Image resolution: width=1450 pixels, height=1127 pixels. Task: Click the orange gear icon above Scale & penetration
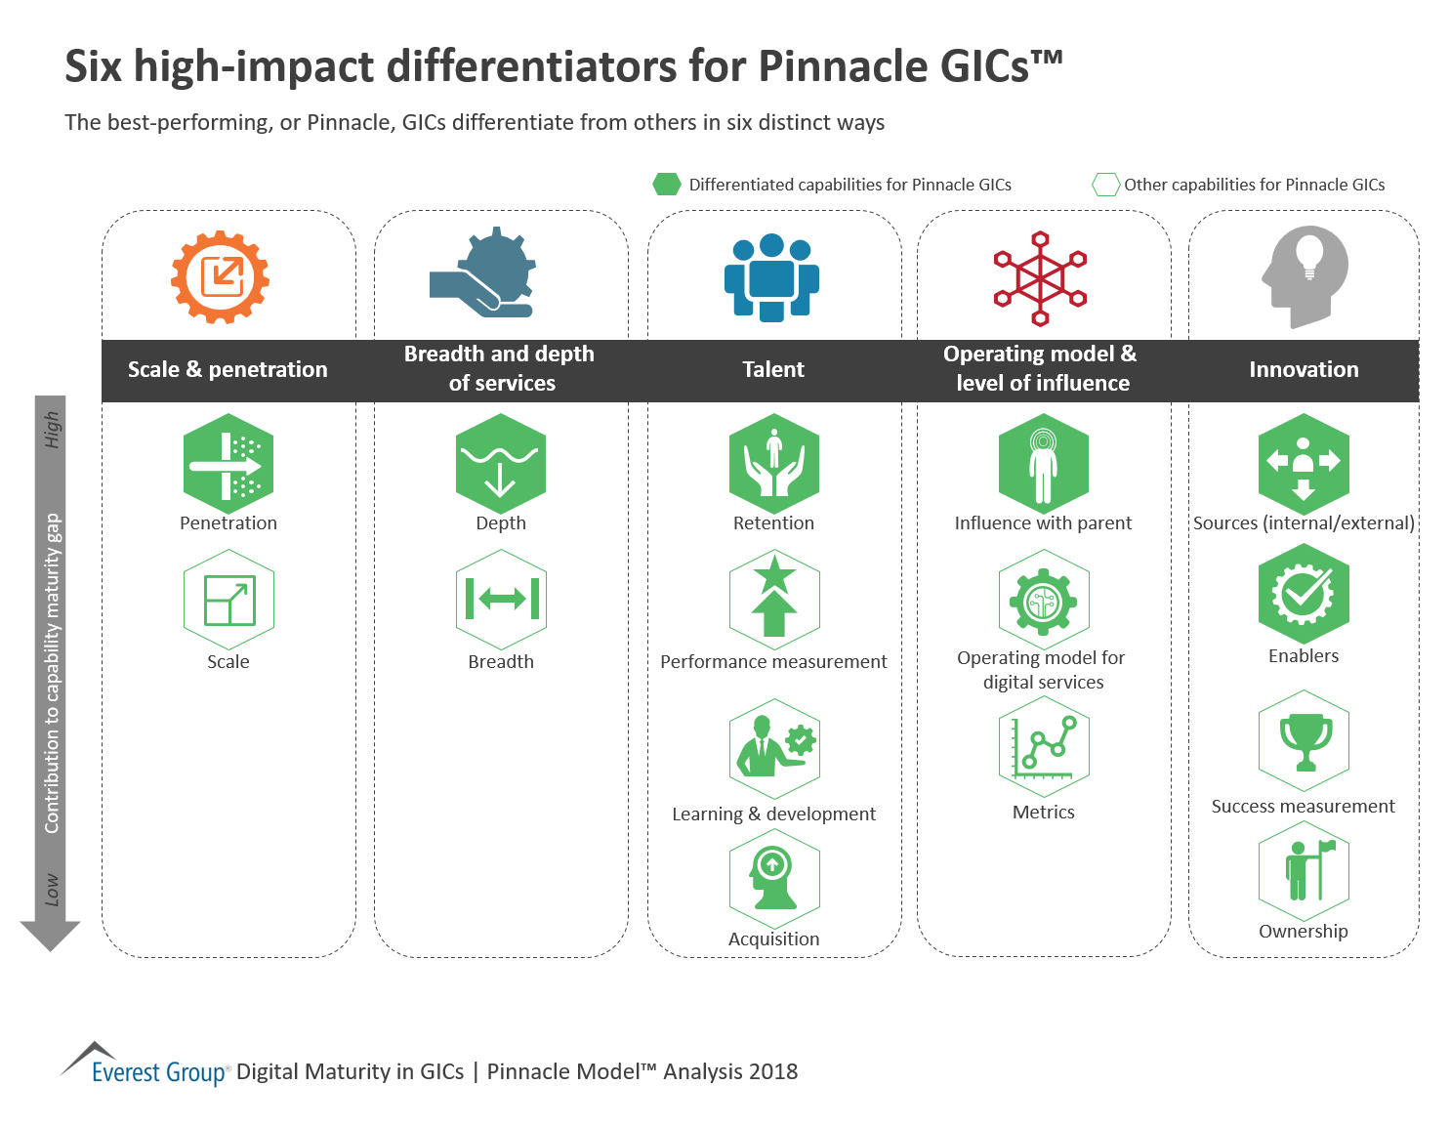coord(221,277)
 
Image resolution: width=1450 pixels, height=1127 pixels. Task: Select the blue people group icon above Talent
coord(771,278)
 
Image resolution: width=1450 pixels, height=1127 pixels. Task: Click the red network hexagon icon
coord(1041,278)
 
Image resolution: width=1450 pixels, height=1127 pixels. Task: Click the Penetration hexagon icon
coord(228,464)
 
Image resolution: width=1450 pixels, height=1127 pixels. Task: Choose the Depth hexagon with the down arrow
coord(500,464)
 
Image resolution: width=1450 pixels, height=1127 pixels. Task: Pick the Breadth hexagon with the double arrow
coord(501,600)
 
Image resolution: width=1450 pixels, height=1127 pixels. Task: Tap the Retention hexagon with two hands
coord(774,464)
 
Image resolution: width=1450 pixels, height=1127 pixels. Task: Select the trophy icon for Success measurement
coord(1305,741)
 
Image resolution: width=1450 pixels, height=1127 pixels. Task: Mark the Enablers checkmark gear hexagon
coord(1304,594)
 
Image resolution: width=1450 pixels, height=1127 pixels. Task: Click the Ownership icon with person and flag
coord(1305,871)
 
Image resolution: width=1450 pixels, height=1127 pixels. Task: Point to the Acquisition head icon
coord(774,878)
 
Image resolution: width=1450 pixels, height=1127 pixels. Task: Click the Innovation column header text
coord(1304,370)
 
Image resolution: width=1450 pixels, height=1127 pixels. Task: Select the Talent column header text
coord(773,370)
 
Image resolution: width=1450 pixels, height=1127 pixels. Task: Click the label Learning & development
coord(773,814)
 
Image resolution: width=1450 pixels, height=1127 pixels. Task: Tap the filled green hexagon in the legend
coord(667,185)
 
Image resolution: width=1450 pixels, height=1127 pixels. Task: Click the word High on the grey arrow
coord(52,430)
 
